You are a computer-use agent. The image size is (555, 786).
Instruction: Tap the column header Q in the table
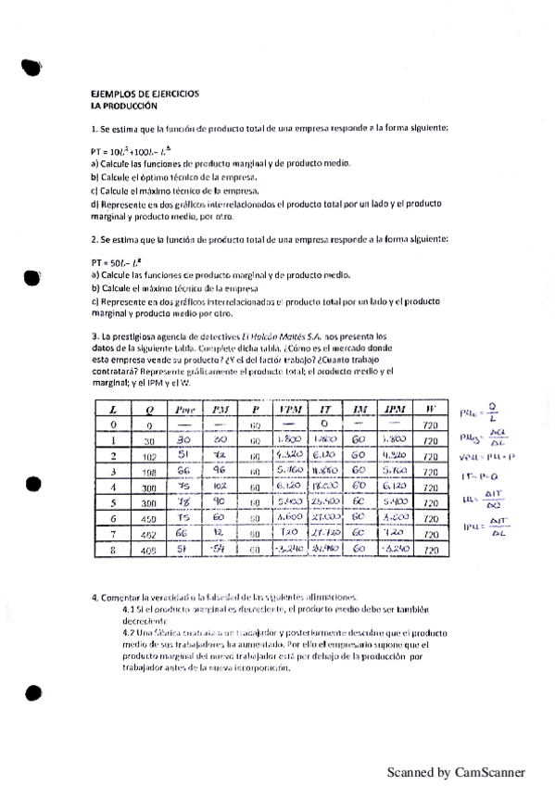pos(148,410)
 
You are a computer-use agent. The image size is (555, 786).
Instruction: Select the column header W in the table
pos(429,410)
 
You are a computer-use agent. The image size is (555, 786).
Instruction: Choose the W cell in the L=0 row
pos(429,425)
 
